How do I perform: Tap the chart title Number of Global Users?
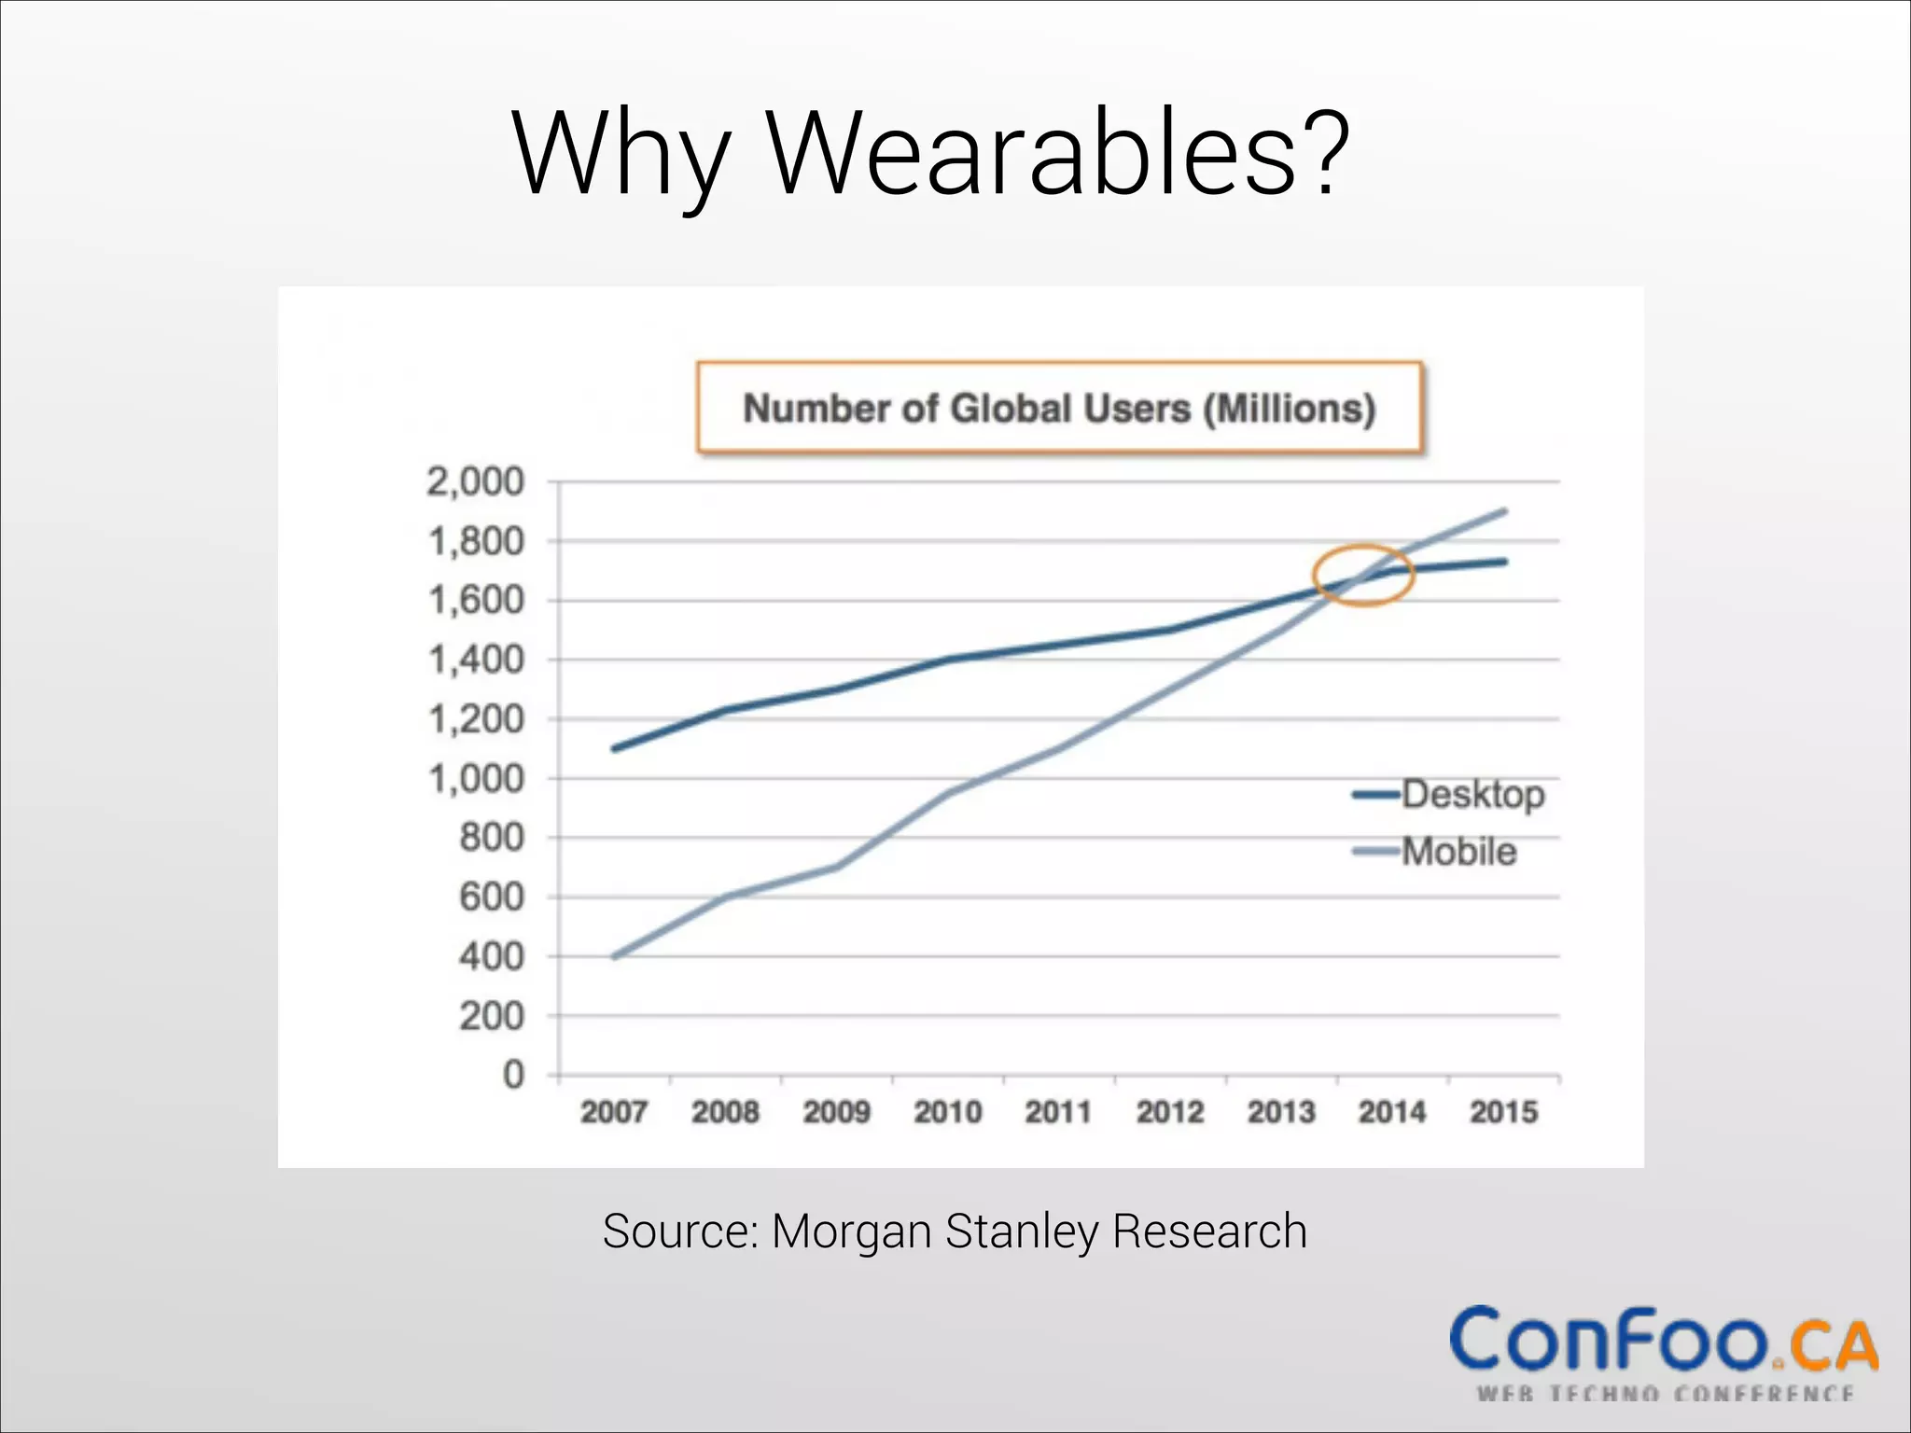click(1059, 409)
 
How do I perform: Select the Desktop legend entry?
click(1472, 794)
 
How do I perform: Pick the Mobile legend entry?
click(1458, 852)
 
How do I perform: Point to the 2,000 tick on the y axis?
click(476, 482)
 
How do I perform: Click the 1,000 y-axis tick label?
click(476, 779)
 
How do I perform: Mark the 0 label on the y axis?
click(513, 1076)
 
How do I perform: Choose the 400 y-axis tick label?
click(492, 957)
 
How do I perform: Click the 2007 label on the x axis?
click(614, 1112)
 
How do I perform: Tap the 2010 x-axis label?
click(948, 1112)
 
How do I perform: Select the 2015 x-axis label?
click(1503, 1112)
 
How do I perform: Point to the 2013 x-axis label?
click(1281, 1112)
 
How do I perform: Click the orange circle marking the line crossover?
click(1364, 576)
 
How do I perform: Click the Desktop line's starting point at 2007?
click(614, 749)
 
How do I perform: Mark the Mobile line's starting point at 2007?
click(614, 957)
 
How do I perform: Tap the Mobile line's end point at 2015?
click(1504, 511)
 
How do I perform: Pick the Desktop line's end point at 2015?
click(1504, 562)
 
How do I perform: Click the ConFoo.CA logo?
click(1664, 1348)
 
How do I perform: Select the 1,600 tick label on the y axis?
click(476, 601)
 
